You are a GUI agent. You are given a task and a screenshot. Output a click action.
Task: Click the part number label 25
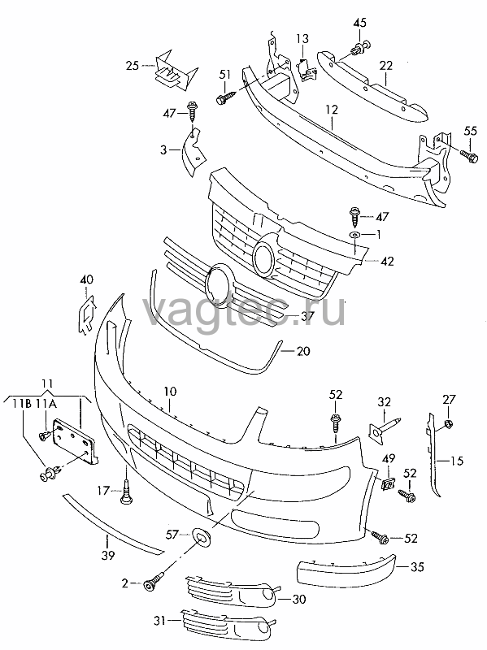pyautogui.click(x=133, y=66)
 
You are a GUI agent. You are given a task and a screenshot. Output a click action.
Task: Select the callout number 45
pyautogui.click(x=359, y=23)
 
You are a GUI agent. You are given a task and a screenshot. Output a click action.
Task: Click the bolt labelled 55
pyautogui.click(x=469, y=155)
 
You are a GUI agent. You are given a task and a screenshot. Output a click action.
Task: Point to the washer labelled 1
pyautogui.click(x=354, y=235)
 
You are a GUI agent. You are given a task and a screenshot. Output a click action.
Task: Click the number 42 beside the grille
pyautogui.click(x=387, y=261)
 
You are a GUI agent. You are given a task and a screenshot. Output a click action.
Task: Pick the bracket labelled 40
pyautogui.click(x=87, y=314)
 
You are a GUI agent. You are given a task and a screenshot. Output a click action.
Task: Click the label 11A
pyautogui.click(x=46, y=403)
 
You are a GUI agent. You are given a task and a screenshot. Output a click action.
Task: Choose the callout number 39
pyautogui.click(x=108, y=555)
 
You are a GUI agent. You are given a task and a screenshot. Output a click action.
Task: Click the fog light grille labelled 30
pyautogui.click(x=231, y=591)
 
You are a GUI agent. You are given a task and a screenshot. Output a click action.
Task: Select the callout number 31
pyautogui.click(x=160, y=621)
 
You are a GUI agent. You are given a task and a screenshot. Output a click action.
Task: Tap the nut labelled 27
pyautogui.click(x=449, y=423)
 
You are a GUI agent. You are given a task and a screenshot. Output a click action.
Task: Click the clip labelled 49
pyautogui.click(x=388, y=483)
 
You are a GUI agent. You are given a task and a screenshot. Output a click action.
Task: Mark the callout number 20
pyautogui.click(x=303, y=351)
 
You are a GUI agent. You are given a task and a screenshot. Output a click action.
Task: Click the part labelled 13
pyautogui.click(x=307, y=70)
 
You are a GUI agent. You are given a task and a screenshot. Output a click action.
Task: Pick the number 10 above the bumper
pyautogui.click(x=170, y=391)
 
